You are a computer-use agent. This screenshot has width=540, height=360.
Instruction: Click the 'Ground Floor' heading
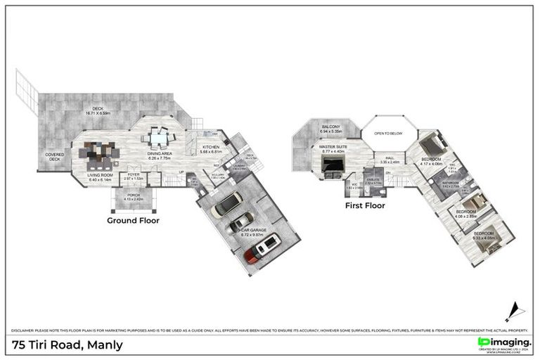point(133,220)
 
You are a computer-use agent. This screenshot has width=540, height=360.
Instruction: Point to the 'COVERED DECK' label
point(56,157)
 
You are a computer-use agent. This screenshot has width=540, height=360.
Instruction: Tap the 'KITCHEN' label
point(211,147)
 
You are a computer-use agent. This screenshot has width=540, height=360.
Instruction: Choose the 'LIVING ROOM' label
point(101,176)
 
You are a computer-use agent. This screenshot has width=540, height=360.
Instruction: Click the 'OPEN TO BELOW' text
point(388,133)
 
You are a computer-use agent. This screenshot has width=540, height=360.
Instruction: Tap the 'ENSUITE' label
point(373,179)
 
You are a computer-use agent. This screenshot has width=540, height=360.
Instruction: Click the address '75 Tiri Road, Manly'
point(68,345)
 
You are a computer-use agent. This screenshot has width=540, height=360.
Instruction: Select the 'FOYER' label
point(133,174)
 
